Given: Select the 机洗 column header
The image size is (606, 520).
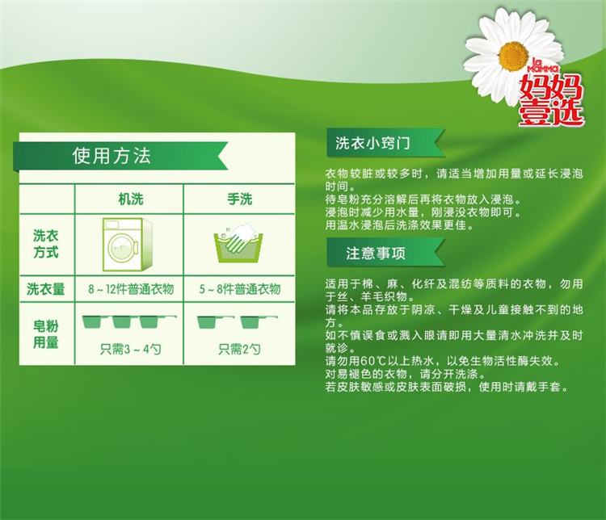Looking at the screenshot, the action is click(x=131, y=199).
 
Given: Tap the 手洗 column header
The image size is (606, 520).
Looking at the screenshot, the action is click(x=240, y=199).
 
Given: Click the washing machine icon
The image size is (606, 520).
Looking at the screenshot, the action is click(x=128, y=244).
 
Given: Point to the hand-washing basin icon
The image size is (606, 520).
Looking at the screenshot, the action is click(x=238, y=242).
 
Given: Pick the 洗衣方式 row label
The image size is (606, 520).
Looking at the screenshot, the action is click(x=45, y=244).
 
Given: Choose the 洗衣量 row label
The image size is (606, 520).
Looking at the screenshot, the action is click(x=45, y=289).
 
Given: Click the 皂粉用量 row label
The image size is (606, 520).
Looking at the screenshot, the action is click(x=45, y=334).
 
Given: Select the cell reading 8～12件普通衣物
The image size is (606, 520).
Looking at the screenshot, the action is click(x=131, y=289).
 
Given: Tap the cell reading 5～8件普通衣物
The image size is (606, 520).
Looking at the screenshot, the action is click(x=240, y=289).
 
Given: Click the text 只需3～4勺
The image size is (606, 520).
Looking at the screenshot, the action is click(x=131, y=350).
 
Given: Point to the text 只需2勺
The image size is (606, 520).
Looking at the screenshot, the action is click(x=239, y=350).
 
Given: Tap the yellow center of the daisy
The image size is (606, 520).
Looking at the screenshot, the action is click(x=514, y=57).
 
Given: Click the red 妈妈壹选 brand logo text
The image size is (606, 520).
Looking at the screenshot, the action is click(x=551, y=99).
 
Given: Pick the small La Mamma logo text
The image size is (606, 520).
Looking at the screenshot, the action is click(x=543, y=66).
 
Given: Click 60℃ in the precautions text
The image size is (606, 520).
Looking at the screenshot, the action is click(x=373, y=361).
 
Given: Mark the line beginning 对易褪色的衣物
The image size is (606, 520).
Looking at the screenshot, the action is click(x=406, y=374).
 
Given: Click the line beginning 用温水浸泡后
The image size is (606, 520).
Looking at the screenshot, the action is click(x=400, y=224).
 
